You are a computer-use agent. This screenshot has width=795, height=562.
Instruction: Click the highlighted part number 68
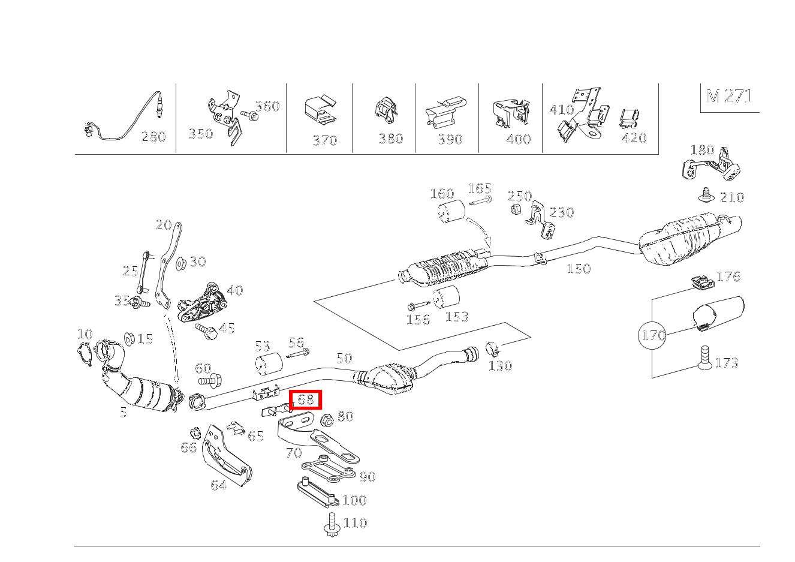click(306, 399)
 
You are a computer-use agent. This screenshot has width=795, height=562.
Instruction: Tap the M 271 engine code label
click(729, 97)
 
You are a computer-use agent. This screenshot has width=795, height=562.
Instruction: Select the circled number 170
click(653, 335)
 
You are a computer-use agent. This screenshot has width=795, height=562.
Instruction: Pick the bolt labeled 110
click(333, 525)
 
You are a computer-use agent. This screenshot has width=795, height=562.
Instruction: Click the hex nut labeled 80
click(327, 419)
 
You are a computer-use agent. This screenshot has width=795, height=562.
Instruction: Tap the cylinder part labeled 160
click(450, 211)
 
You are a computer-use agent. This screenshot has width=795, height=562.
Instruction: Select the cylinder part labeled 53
click(269, 364)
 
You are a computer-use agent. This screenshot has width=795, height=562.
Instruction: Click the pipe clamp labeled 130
click(492, 348)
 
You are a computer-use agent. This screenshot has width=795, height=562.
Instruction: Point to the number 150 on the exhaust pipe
click(579, 269)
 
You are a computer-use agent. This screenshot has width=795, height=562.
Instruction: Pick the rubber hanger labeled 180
click(712, 166)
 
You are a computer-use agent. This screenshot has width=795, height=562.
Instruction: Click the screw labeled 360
click(249, 115)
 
